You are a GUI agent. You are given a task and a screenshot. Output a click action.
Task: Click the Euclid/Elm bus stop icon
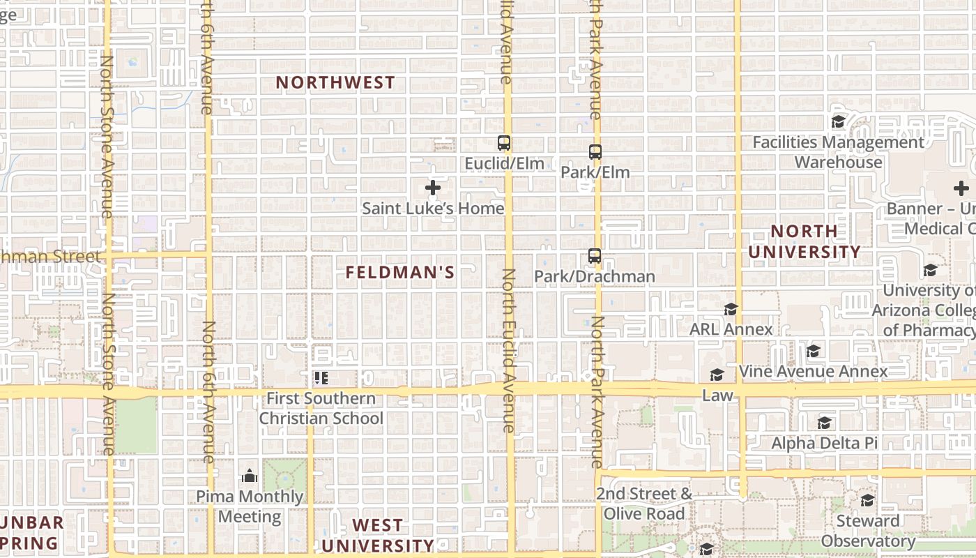(503, 143)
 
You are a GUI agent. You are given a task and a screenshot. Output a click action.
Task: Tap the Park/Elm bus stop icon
(595, 151)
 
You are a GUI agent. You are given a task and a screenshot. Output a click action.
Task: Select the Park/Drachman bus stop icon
(594, 256)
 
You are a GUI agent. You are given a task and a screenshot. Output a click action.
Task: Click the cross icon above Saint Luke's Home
(433, 188)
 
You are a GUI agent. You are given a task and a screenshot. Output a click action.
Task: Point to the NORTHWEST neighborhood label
(335, 82)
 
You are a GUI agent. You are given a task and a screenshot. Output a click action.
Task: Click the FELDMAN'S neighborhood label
(400, 273)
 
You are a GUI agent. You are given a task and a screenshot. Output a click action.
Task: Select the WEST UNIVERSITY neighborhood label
(377, 535)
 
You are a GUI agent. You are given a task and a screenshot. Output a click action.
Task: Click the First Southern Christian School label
(321, 409)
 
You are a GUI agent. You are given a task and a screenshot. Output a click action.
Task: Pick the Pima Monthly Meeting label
(250, 507)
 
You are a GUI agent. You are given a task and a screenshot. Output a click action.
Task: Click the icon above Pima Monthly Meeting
(250, 476)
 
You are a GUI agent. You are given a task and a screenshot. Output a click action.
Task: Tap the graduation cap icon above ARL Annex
(731, 309)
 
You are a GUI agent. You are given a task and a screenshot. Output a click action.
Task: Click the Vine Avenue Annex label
(813, 371)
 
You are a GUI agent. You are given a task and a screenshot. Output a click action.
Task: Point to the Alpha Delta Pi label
(824, 443)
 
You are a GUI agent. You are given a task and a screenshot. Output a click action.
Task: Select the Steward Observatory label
(868, 531)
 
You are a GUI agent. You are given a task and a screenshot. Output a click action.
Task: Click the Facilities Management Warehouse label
(839, 152)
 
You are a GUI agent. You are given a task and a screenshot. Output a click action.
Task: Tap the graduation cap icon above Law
(717, 375)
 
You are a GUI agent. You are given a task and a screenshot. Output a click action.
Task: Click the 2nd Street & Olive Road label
(644, 504)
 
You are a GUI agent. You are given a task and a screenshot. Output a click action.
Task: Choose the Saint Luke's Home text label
(433, 208)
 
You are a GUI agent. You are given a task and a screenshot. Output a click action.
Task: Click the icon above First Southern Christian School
(321, 378)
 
